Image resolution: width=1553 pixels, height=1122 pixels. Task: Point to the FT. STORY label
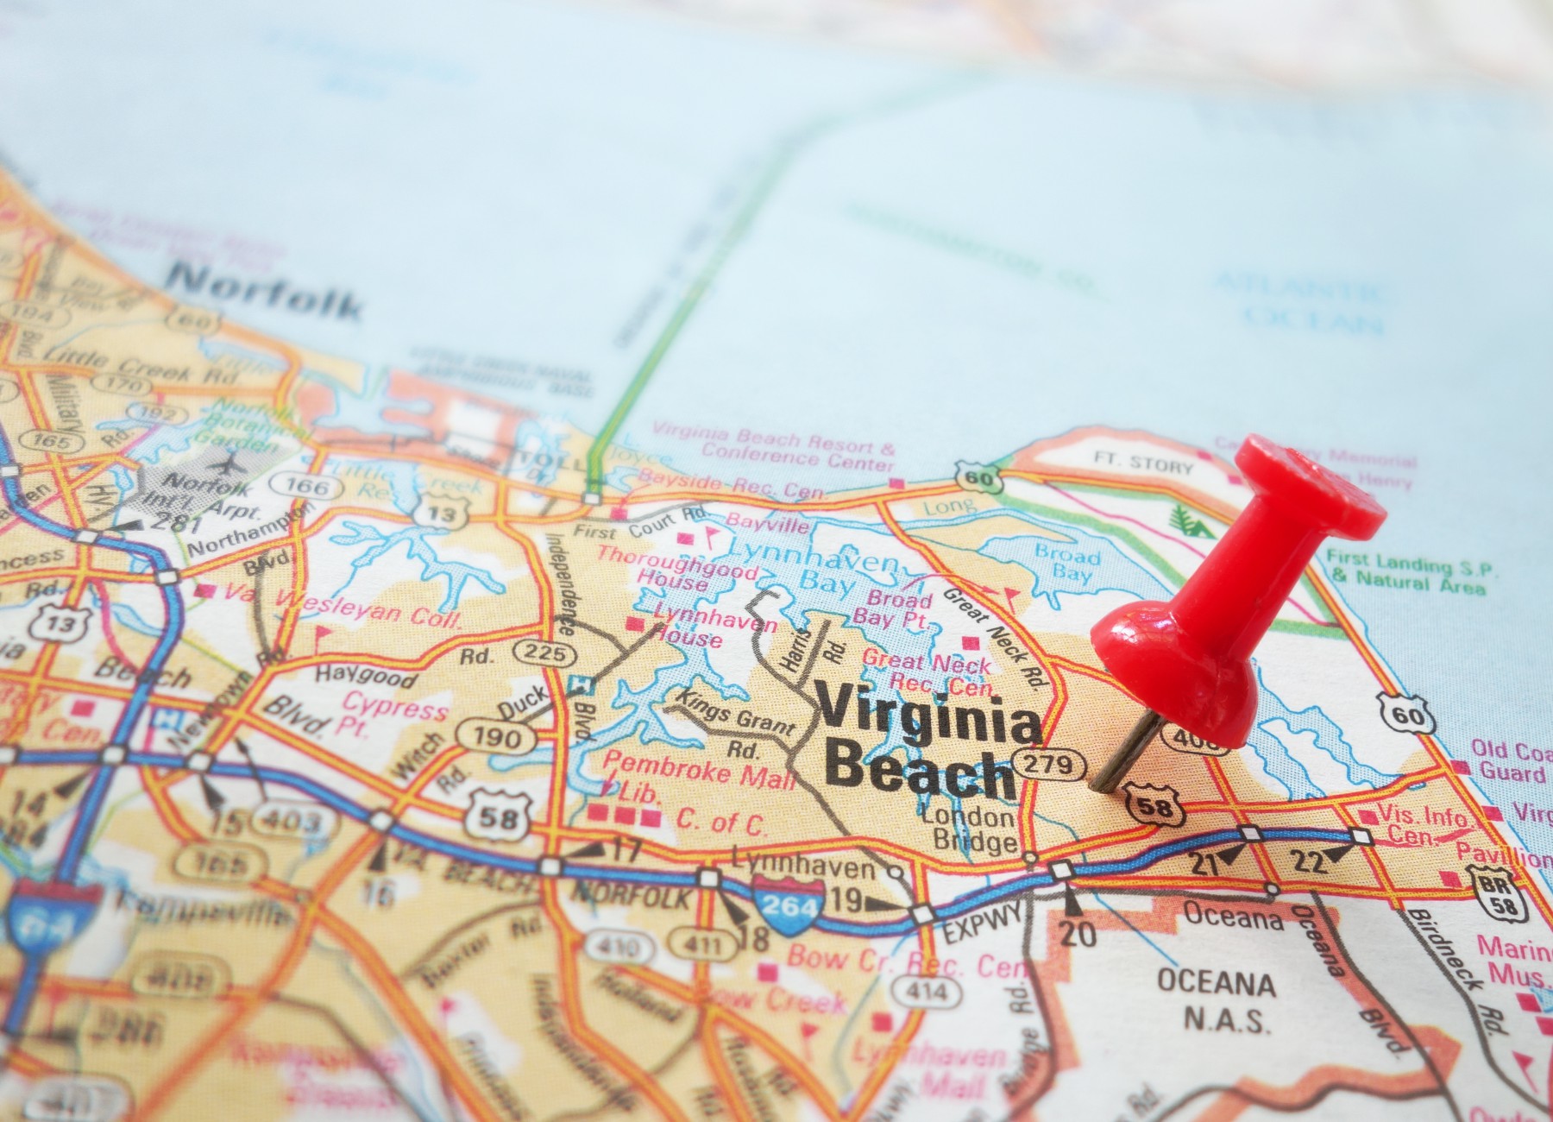point(1143,463)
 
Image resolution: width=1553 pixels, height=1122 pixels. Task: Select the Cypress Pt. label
point(393,715)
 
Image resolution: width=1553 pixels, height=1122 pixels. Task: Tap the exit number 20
point(1078,932)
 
